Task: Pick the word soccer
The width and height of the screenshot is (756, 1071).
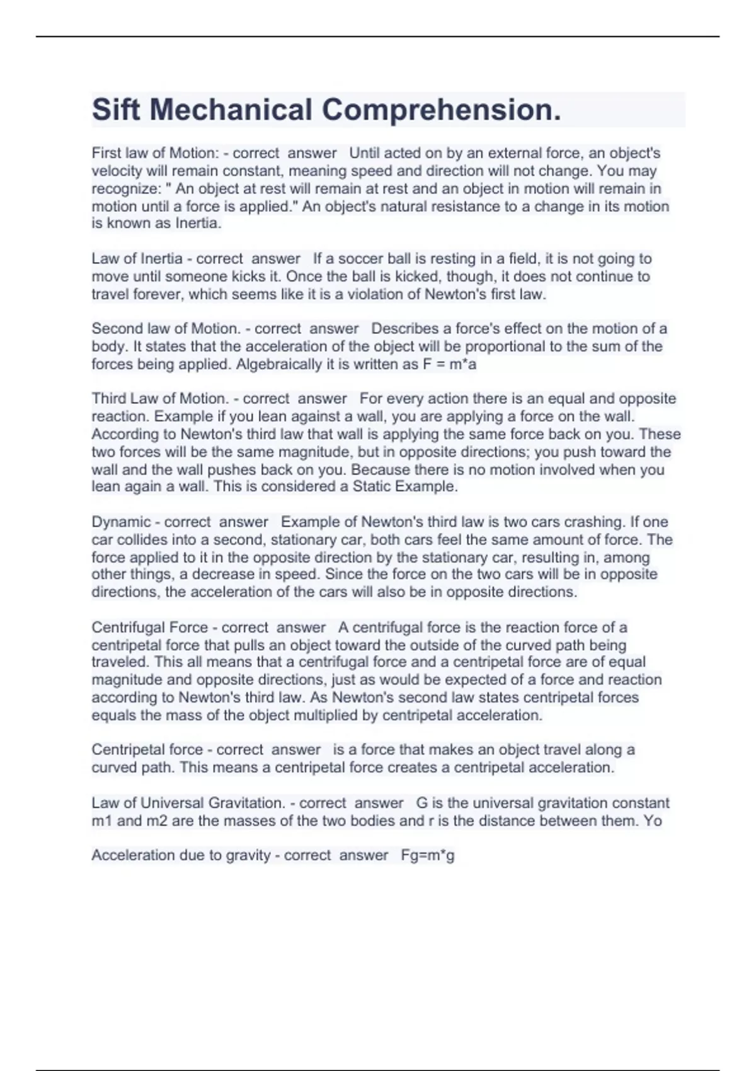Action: pyautogui.click(x=358, y=259)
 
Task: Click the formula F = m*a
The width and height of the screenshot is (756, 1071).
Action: pyautogui.click(x=450, y=364)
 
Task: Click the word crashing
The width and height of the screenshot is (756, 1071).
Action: pyautogui.click(x=592, y=522)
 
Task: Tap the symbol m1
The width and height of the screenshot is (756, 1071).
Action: pyautogui.click(x=102, y=821)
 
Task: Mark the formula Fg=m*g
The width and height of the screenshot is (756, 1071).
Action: pyautogui.click(x=428, y=856)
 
